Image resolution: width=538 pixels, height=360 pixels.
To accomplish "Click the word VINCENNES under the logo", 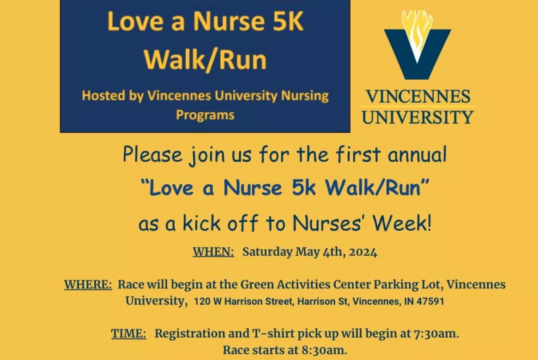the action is coord(418,97).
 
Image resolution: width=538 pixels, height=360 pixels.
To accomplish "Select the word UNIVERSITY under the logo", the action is coord(418,117).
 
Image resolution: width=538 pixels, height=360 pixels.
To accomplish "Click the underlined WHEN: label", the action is coord(213,252).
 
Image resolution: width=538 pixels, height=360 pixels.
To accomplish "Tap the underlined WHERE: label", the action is coord(88,284).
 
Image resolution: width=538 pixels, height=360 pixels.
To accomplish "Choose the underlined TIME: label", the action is coord(129,334).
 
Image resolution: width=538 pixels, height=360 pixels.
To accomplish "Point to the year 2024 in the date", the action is coord(363,252).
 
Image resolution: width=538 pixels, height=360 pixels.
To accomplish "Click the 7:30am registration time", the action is coord(436,334).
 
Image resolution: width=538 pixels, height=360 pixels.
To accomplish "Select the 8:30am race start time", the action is coord(324,350).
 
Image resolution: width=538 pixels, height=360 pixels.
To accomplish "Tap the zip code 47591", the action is coord(430,302).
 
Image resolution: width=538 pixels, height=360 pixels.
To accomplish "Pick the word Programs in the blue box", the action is coord(205,115).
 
